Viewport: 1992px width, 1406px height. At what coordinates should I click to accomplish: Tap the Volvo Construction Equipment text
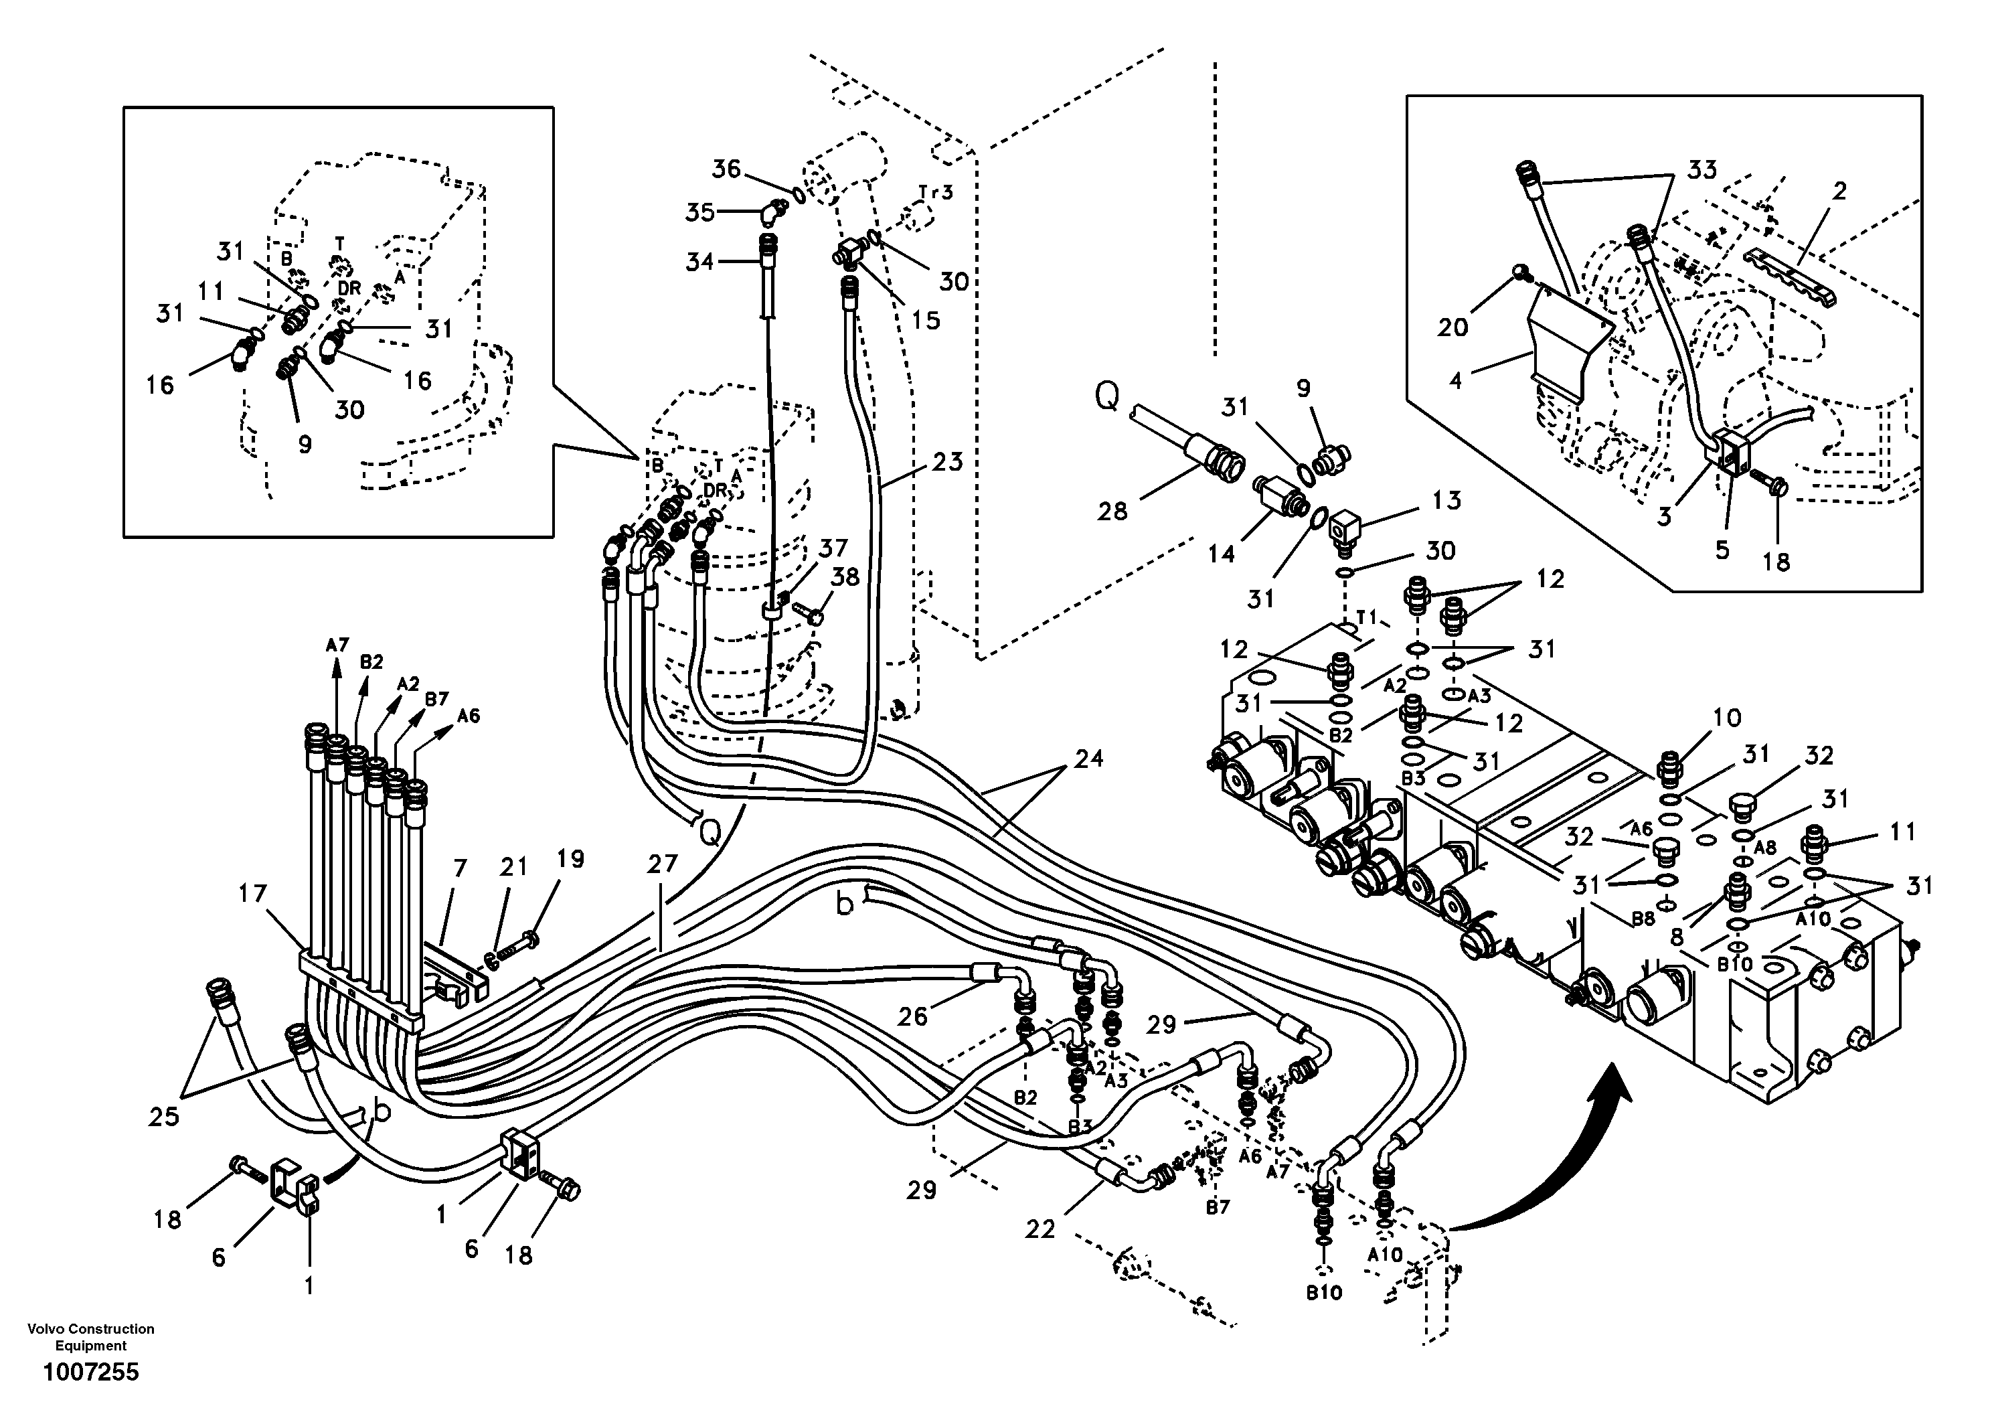(x=91, y=1336)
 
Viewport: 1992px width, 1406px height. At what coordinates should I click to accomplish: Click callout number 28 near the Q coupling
(x=1112, y=512)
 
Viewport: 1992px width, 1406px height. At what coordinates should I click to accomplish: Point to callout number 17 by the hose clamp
(x=252, y=894)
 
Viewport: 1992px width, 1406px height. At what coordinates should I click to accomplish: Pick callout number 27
(x=662, y=864)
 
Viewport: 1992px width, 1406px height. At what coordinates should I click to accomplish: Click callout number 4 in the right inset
(x=1456, y=379)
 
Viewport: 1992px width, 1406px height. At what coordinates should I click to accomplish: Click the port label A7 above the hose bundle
(x=337, y=645)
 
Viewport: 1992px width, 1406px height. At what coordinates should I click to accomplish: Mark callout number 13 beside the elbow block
(x=1446, y=501)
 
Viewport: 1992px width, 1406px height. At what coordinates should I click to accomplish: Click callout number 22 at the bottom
(x=1040, y=1229)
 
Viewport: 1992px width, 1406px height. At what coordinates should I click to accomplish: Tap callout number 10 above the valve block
(x=1728, y=717)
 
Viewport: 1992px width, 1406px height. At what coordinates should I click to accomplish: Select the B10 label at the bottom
(x=1324, y=1292)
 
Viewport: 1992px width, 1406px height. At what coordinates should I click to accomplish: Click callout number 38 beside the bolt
(x=845, y=577)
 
